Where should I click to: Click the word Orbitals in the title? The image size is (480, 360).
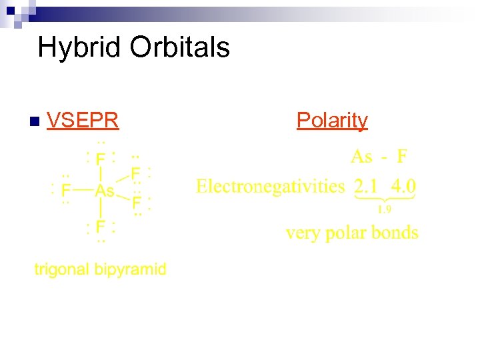click(x=180, y=48)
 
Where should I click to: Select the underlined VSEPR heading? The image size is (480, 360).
click(x=83, y=120)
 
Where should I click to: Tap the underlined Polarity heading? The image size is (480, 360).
click(x=332, y=120)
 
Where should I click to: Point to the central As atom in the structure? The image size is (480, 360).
click(x=105, y=191)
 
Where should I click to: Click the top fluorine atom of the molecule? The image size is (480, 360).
click(x=100, y=159)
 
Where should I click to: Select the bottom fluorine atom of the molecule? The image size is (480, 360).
click(x=100, y=227)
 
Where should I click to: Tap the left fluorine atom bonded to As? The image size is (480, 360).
click(x=65, y=191)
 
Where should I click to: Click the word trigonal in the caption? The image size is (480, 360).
click(x=62, y=270)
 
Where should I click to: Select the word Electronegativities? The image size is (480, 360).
click(x=270, y=186)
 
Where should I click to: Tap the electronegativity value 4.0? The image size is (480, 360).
click(x=403, y=185)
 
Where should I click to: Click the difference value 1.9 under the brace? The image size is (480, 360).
click(x=385, y=210)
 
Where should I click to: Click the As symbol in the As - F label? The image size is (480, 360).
click(x=361, y=157)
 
